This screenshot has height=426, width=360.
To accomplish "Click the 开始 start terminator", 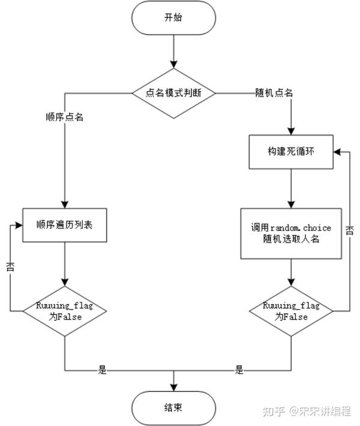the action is (173, 18).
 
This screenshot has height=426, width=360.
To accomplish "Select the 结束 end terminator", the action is (173, 408).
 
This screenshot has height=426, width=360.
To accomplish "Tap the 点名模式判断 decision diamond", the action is (173, 93).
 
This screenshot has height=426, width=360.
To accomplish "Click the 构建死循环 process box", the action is (291, 152).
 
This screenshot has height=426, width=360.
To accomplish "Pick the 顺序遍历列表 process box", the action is (65, 225).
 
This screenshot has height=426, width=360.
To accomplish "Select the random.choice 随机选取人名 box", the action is (291, 233).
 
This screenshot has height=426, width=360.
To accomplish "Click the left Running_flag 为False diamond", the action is (65, 311).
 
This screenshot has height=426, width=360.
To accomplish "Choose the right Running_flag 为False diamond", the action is (291, 311).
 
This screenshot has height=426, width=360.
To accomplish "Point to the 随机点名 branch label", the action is (274, 93).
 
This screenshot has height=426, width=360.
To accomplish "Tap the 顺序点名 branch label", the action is (65, 117).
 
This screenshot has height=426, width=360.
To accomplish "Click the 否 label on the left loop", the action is (10, 267).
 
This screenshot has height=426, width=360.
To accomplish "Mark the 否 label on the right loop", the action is (350, 230).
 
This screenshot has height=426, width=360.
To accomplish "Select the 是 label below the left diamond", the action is (103, 370).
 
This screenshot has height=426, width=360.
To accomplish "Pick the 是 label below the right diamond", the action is (239, 370).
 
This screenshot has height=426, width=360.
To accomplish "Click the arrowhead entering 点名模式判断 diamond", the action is (173, 65).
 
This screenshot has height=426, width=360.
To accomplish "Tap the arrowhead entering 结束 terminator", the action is (173, 388).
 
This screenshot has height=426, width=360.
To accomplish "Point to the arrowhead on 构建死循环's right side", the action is (337, 152).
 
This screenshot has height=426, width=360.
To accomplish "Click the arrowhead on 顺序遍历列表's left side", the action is (19, 225).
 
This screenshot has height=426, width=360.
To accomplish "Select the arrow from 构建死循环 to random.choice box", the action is (291, 189).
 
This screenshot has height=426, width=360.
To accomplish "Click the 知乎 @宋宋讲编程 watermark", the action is (307, 412).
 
